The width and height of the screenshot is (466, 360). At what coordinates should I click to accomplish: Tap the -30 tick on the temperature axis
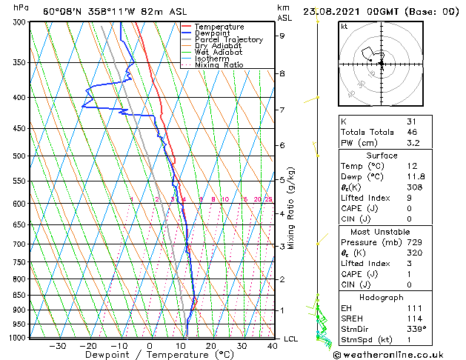(x=57, y=345)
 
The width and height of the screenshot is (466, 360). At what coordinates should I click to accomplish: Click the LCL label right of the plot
(x=291, y=339)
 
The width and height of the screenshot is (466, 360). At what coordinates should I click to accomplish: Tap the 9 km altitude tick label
(x=282, y=36)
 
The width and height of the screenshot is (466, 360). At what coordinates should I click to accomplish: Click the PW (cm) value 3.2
(x=413, y=143)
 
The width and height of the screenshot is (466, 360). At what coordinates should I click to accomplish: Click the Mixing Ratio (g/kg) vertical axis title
(x=291, y=207)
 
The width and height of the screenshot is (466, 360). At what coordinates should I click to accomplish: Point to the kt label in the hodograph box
(x=344, y=26)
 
